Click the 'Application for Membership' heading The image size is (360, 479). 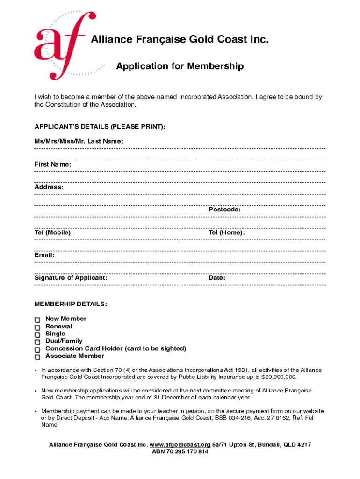coord(180,66)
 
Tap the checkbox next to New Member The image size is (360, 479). coord(37,319)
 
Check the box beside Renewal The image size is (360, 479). coord(37,327)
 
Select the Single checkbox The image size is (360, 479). coord(37,334)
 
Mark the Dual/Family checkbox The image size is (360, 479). coord(37,342)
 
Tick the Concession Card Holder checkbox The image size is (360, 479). coord(37,349)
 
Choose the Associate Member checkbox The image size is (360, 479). coord(37,357)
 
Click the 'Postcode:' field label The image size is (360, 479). coord(224,210)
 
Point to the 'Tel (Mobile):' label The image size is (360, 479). coord(53,232)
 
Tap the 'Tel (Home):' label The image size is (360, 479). coord(226,232)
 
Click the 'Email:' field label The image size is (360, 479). coord(44,255)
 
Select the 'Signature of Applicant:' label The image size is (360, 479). coord(71,278)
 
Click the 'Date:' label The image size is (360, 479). coord(217,278)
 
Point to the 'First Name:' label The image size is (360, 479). coord(53,164)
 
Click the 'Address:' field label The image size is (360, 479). coord(49,187)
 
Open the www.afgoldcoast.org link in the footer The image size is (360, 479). coord(180,444)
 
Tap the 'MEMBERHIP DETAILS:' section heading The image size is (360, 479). coord(71,305)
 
